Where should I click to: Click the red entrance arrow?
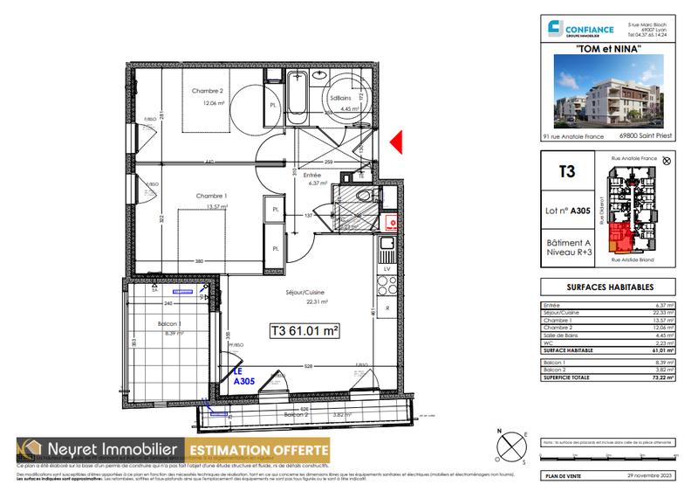tap(395, 142)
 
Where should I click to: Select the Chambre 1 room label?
tap(212, 195)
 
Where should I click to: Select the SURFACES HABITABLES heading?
tap(610, 287)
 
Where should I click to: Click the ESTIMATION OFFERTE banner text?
tap(258, 451)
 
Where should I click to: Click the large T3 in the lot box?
tap(567, 172)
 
